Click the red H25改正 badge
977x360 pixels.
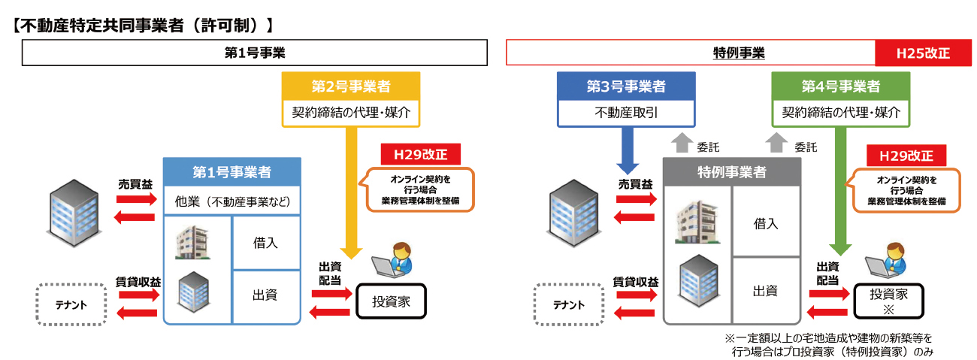(923, 53)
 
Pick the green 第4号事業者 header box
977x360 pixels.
(840, 86)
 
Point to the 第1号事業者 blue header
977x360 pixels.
(232, 172)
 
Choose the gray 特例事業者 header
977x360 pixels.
(731, 172)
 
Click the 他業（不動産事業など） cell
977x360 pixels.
(232, 201)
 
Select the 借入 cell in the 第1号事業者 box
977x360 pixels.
(266, 242)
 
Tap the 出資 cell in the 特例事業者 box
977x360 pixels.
(765, 290)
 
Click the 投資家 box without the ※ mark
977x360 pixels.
(391, 301)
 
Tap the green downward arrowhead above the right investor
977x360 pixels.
(840, 248)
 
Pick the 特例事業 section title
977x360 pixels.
(738, 53)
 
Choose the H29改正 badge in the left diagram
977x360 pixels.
(420, 155)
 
